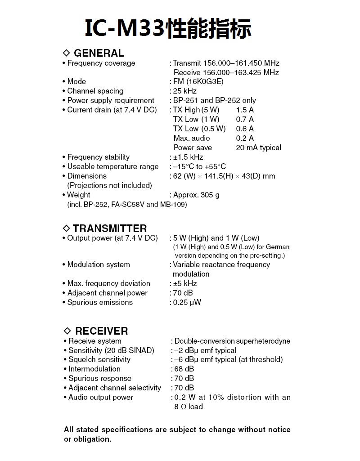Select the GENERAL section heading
point(98,53)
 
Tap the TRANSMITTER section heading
point(109,228)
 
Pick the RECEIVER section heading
point(101,331)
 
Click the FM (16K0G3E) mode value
point(198,82)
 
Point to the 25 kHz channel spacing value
point(185,91)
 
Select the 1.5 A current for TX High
point(245,110)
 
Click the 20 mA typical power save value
point(258,148)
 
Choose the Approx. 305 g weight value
point(196,195)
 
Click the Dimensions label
point(87,176)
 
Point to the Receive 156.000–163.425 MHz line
point(226,73)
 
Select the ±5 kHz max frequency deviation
point(185,284)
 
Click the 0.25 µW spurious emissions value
point(187,303)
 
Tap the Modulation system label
point(99,265)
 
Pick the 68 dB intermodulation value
point(184,369)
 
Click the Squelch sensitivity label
point(99,360)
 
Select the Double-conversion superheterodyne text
point(232,341)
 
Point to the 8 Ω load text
point(189,407)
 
